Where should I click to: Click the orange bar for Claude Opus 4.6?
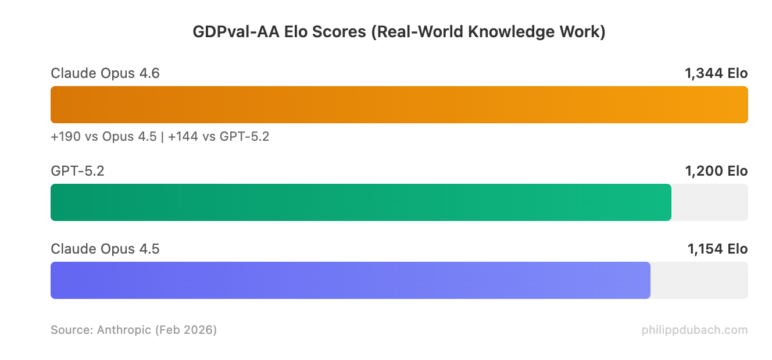(399, 105)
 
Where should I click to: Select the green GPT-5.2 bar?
(360, 202)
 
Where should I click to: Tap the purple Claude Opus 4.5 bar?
(350, 280)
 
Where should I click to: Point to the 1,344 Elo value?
(716, 73)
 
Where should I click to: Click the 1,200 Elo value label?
(716, 171)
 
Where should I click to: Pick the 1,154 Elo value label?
(717, 249)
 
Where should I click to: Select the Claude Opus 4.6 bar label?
(105, 73)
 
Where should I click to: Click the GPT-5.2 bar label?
(77, 171)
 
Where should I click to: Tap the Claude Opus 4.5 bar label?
(105, 249)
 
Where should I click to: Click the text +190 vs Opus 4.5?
(103, 137)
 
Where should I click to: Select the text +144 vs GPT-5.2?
(219, 137)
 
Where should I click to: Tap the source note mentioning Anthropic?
(134, 330)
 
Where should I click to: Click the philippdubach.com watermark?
(695, 330)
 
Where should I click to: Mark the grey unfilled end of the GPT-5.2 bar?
(710, 202)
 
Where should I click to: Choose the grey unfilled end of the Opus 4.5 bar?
(699, 280)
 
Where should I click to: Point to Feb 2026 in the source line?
(185, 330)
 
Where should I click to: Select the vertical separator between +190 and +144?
(162, 137)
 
